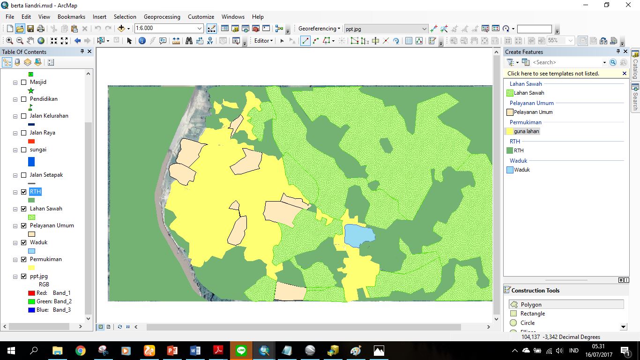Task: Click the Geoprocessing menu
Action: click(162, 17)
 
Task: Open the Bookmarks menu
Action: click(71, 17)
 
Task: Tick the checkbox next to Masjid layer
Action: click(24, 82)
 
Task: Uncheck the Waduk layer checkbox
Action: click(24, 242)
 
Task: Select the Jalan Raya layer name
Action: click(42, 133)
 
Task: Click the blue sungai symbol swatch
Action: click(31, 162)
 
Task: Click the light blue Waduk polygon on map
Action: click(359, 235)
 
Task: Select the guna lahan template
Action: click(526, 131)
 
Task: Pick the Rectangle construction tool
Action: click(532, 314)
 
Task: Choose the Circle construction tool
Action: click(527, 323)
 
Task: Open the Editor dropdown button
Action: click(263, 41)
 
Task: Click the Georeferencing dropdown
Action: click(319, 29)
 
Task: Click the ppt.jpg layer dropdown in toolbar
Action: click(385, 29)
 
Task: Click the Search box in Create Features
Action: click(567, 62)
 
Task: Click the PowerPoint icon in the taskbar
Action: click(172, 351)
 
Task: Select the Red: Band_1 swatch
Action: click(31, 293)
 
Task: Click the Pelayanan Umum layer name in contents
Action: click(52, 225)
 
